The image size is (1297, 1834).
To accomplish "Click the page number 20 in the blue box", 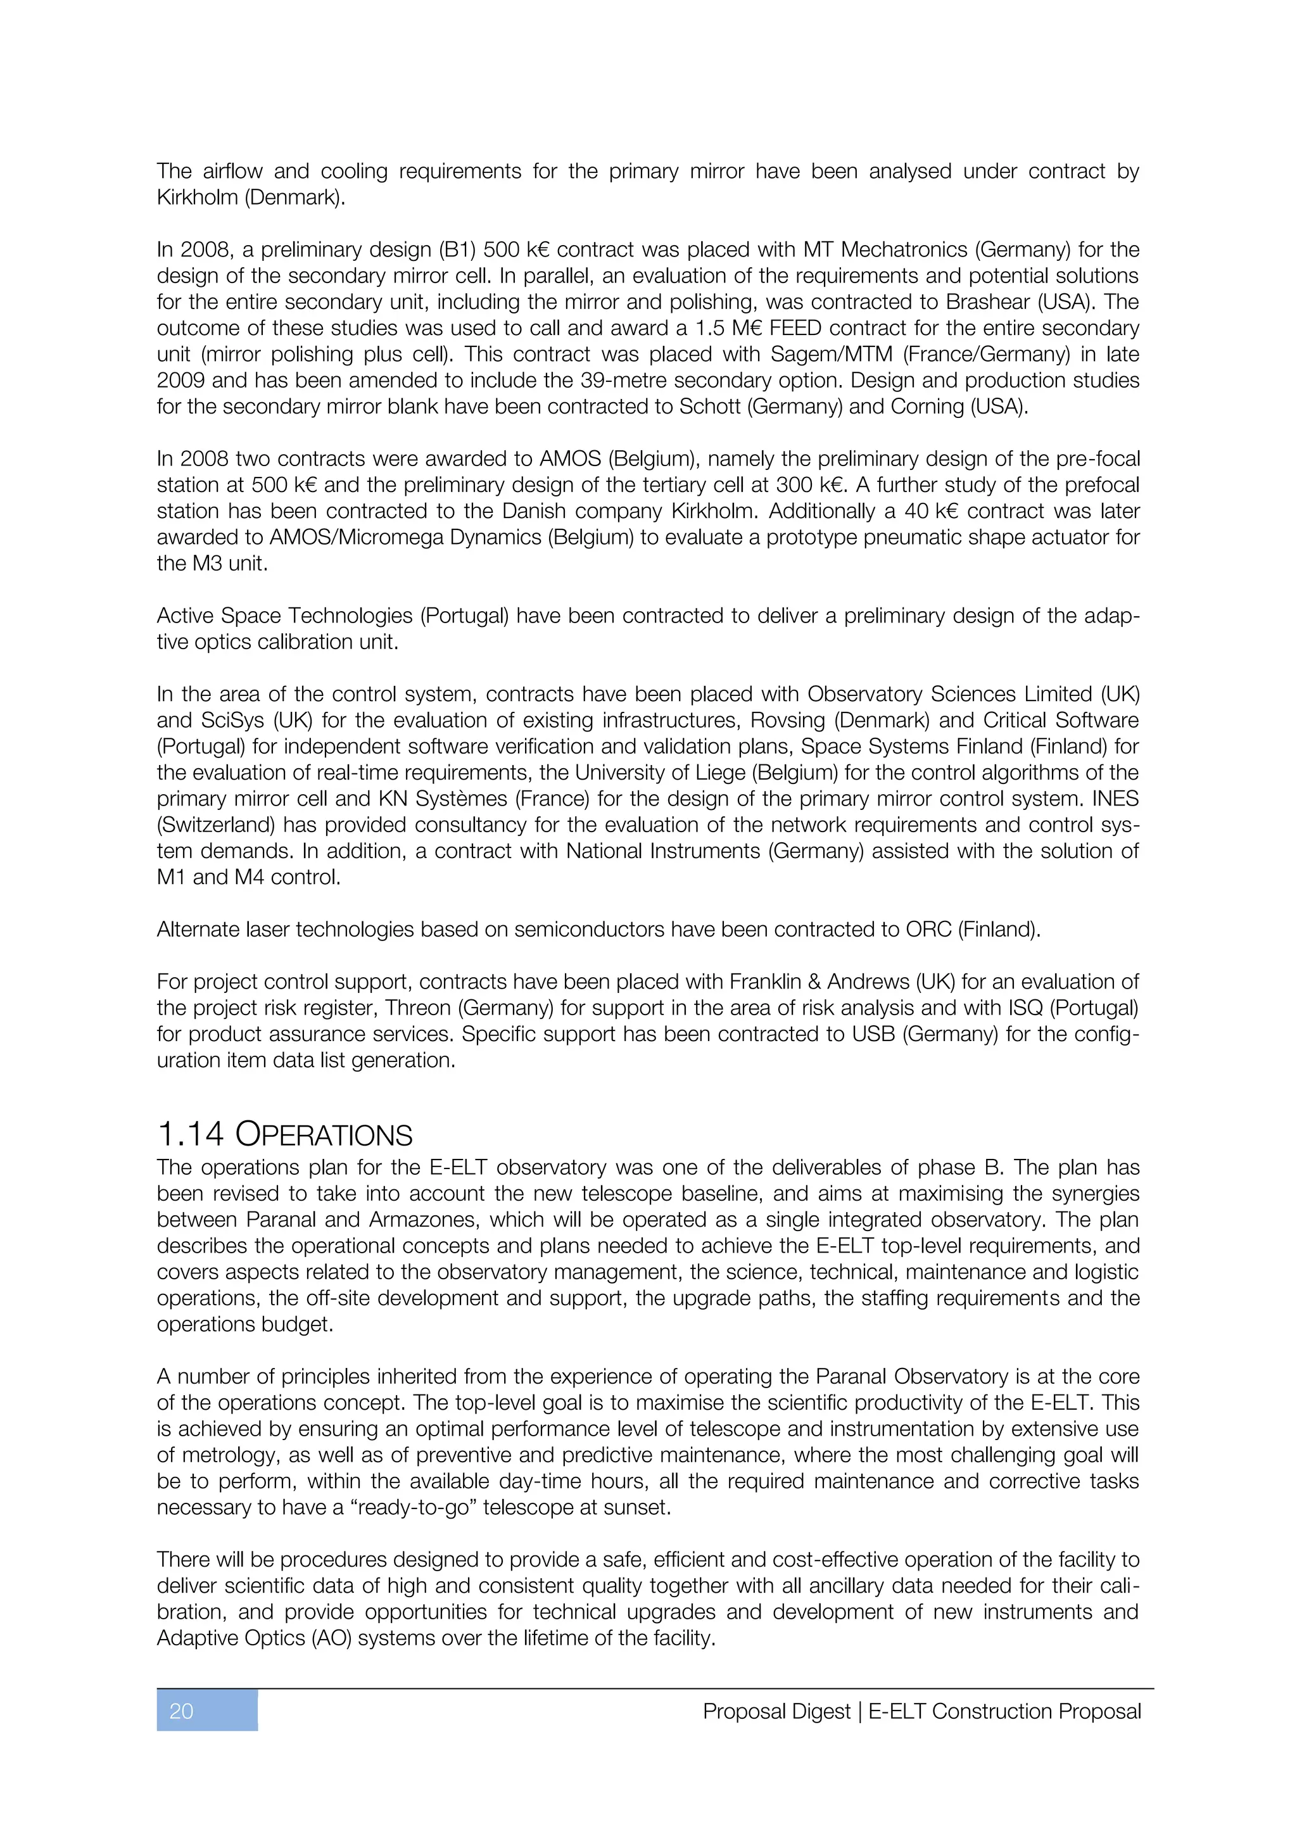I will click(x=182, y=1711).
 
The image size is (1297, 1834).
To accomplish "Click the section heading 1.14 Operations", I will click(x=285, y=1134).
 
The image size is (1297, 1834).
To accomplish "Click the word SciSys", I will click(x=232, y=721).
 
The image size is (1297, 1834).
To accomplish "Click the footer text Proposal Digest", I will click(x=776, y=1712).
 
